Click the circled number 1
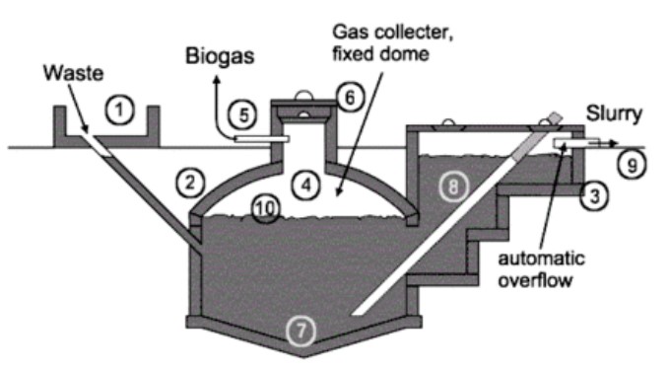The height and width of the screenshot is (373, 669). point(120,111)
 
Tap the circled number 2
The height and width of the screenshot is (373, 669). point(189,181)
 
